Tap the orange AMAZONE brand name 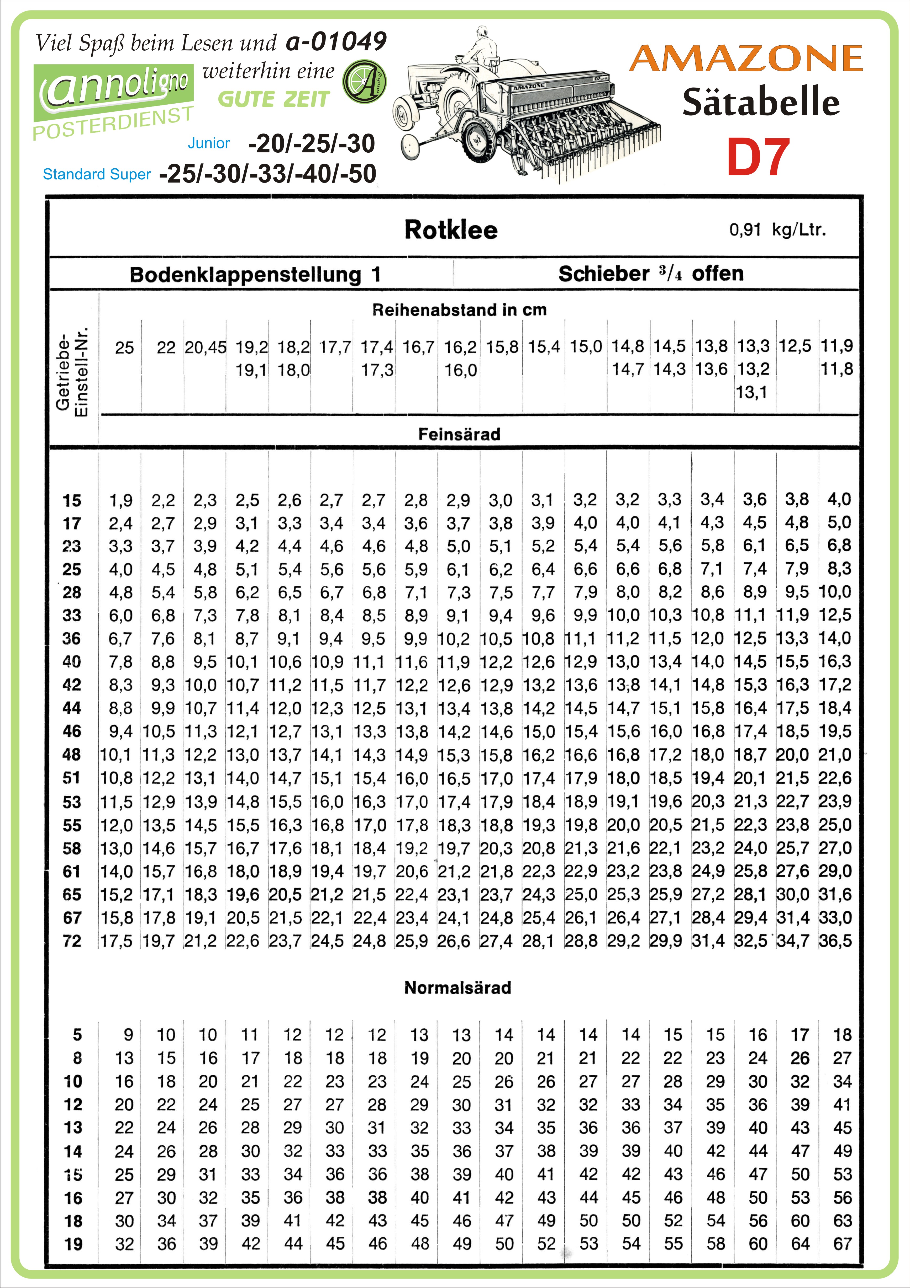pyautogui.click(x=746, y=58)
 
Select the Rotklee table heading pyautogui.click(x=451, y=230)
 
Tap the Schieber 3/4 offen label pyautogui.click(x=651, y=274)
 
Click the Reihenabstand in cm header pyautogui.click(x=459, y=310)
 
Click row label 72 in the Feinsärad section pyautogui.click(x=72, y=941)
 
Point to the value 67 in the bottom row pyautogui.click(x=842, y=1244)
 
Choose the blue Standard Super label pyautogui.click(x=97, y=174)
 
